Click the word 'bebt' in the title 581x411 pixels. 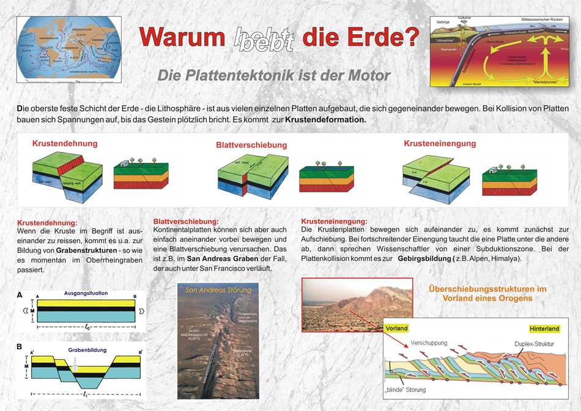[264, 38]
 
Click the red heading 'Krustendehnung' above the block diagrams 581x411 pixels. [65, 144]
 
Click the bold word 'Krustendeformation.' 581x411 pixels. [326, 120]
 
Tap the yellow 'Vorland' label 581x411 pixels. [396, 328]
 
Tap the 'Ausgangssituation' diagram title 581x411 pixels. [86, 293]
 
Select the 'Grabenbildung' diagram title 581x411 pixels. [86, 350]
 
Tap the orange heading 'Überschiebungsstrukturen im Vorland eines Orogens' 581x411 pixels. [487, 293]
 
